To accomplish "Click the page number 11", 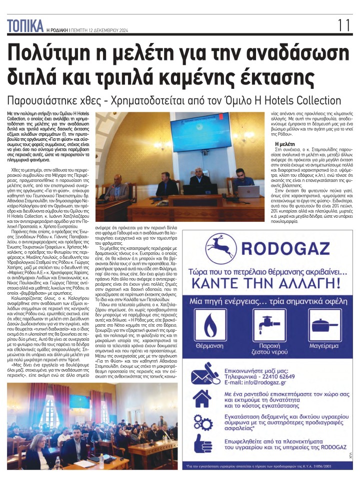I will click(x=344, y=25).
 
